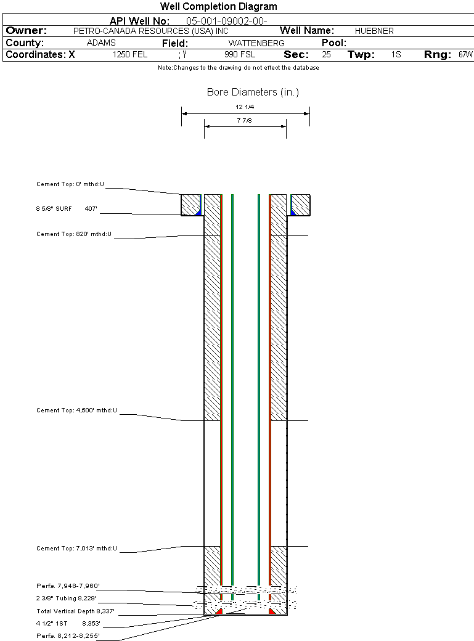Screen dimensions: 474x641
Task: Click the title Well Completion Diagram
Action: tap(218, 7)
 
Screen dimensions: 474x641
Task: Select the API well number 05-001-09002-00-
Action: tap(227, 21)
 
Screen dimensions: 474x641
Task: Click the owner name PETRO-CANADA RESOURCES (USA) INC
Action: tap(151, 31)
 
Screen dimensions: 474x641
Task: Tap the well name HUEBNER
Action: tap(374, 31)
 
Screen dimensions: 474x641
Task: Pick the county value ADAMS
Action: tap(102, 43)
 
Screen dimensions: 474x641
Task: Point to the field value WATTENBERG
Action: tap(256, 43)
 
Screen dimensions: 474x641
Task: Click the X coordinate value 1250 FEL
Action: tap(130, 55)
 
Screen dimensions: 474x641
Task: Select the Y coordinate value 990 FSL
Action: tap(240, 55)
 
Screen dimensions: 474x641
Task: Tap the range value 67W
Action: tap(465, 55)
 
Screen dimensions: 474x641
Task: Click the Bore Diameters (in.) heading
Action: tap(253, 92)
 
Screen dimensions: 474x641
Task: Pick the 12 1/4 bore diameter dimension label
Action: tap(245, 107)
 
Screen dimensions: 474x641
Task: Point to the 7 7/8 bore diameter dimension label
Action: tap(244, 121)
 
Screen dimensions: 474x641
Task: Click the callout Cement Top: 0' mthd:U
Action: tap(70, 184)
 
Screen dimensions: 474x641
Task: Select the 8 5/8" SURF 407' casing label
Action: tap(67, 209)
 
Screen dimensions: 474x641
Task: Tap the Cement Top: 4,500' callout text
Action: tap(77, 410)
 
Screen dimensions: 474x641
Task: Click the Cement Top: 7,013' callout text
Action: tap(77, 549)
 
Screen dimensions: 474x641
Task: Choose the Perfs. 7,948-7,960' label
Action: tap(68, 586)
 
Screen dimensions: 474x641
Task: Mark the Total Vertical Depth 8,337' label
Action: tap(75, 611)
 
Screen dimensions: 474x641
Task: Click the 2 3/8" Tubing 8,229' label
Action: tap(66, 598)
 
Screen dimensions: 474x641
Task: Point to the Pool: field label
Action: tap(334, 43)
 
